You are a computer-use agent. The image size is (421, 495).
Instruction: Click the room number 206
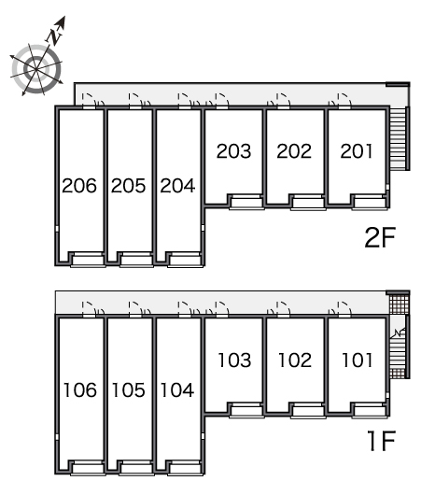click(x=79, y=186)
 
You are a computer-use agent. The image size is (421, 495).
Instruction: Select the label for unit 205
click(x=128, y=186)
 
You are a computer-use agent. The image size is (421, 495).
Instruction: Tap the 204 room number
click(x=177, y=186)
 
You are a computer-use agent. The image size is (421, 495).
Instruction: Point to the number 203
click(x=233, y=151)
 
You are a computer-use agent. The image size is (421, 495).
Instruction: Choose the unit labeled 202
click(x=294, y=151)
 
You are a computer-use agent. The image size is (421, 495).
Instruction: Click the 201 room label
click(x=357, y=151)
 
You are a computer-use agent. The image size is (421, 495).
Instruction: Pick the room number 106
click(x=80, y=389)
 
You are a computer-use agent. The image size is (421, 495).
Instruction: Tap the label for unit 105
click(x=129, y=389)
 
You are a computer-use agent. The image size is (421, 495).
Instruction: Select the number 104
click(x=177, y=389)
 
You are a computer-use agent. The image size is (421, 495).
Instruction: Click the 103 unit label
click(x=235, y=361)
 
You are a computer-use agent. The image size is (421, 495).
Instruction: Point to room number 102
click(x=295, y=361)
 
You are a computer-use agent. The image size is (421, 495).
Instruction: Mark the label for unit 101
click(x=358, y=361)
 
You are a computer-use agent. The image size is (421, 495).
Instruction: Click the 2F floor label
click(x=380, y=237)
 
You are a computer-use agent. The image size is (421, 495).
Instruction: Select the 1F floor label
click(x=381, y=441)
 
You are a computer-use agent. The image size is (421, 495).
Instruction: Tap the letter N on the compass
click(x=55, y=35)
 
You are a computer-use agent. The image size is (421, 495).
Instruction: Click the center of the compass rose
click(x=36, y=69)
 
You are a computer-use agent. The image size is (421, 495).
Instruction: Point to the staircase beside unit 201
click(x=398, y=138)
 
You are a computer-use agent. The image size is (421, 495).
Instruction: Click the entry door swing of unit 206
click(x=90, y=98)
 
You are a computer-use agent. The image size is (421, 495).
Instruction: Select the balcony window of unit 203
click(x=246, y=202)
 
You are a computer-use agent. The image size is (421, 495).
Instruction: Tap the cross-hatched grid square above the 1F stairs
click(x=399, y=303)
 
